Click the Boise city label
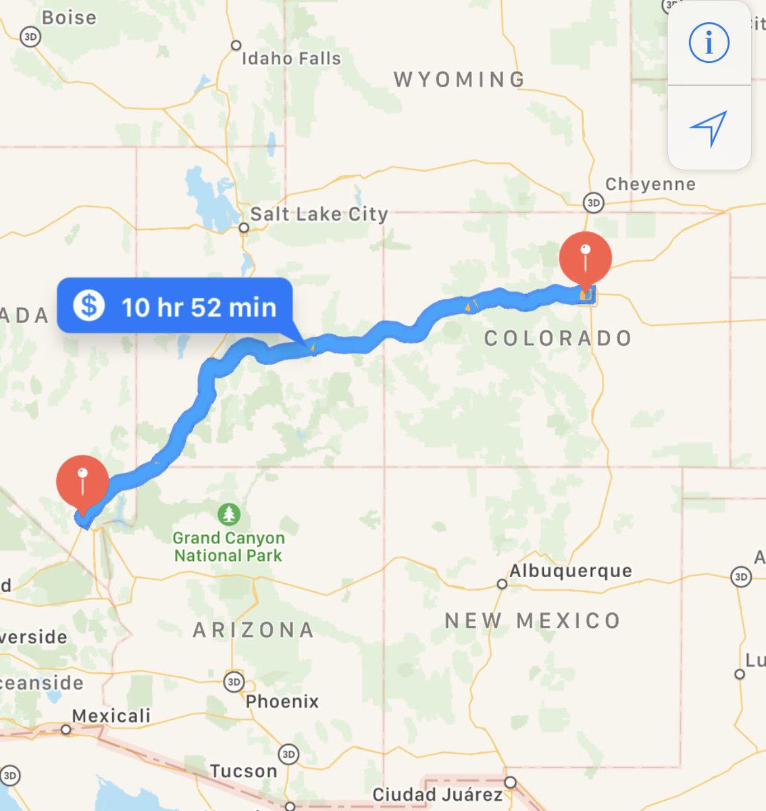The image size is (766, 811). tap(69, 18)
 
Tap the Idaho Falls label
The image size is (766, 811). tap(291, 59)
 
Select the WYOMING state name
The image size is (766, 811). tap(459, 80)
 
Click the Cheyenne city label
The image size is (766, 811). tap(650, 185)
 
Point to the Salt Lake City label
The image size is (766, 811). tap(319, 214)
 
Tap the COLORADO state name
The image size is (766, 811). tap(558, 338)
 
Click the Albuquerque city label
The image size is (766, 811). tap(571, 571)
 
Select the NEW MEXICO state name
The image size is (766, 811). tap(532, 620)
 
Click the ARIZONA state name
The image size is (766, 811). tap(253, 630)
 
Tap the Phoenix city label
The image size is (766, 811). tap(282, 702)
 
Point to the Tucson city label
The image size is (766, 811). tap(243, 771)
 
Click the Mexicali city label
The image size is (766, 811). tap(111, 716)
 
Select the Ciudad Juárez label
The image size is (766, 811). tap(437, 794)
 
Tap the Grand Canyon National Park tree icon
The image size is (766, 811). tap(229, 514)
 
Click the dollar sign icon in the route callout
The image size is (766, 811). tap(88, 305)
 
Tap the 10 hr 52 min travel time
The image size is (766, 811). tap(199, 308)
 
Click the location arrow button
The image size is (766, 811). tap(709, 127)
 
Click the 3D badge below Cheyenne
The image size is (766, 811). tap(593, 202)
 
